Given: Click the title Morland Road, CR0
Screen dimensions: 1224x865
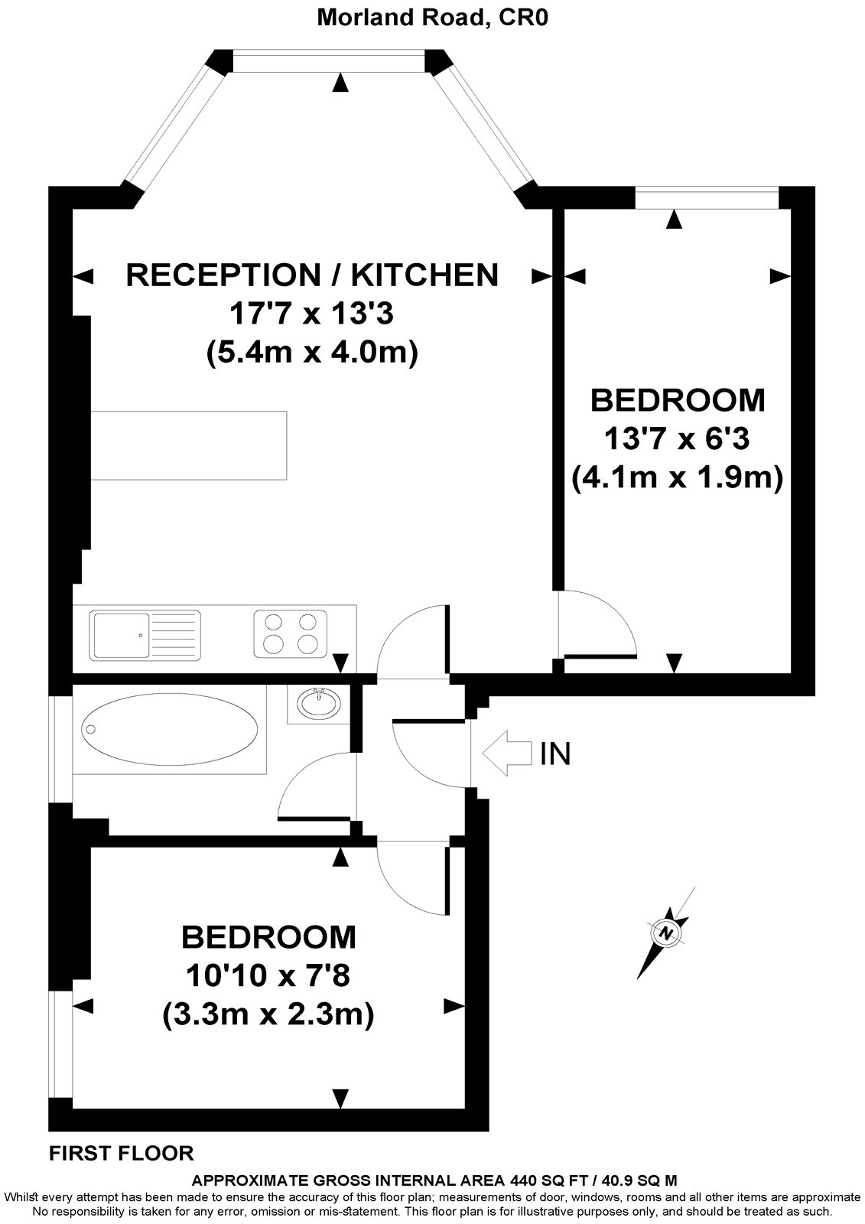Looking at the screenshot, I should tap(432, 18).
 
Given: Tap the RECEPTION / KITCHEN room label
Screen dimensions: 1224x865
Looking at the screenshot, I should tap(312, 275).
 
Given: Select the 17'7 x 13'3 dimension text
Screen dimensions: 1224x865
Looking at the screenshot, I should tap(312, 313).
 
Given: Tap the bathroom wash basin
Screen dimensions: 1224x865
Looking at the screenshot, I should tap(319, 702).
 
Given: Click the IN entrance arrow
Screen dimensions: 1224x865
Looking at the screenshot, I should tap(506, 754).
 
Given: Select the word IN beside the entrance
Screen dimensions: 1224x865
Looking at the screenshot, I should tap(555, 754).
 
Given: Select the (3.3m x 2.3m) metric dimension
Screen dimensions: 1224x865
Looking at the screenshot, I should tap(268, 1014).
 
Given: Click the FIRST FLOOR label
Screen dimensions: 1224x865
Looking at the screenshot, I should tap(122, 1153).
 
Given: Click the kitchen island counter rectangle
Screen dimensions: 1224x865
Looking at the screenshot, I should tap(189, 445).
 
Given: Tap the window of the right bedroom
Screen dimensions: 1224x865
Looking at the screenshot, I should tap(707, 198).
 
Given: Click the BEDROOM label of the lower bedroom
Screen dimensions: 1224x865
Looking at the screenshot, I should tap(268, 936).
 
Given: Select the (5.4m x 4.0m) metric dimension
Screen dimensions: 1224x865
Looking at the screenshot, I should tap(312, 353).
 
